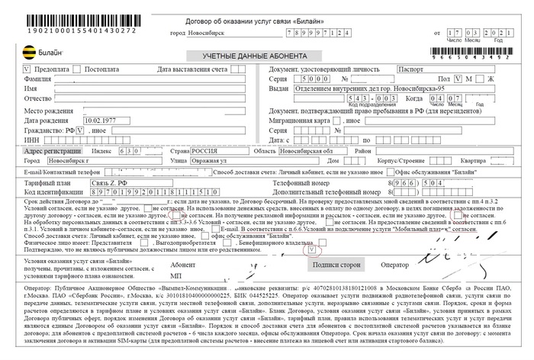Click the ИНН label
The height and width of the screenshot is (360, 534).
point(32,140)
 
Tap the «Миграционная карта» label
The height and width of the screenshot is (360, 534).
point(300,121)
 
